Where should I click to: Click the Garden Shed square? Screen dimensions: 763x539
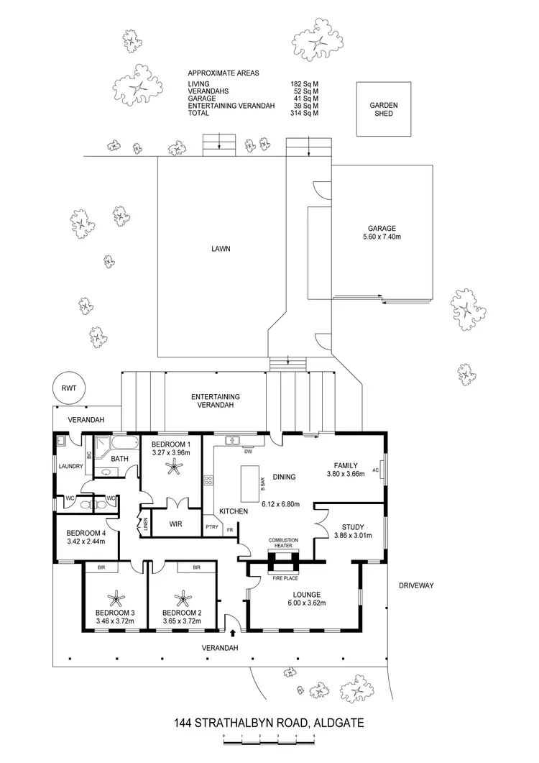pos(384,109)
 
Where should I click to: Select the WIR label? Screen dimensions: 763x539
pos(175,524)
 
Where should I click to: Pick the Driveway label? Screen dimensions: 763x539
pos(417,585)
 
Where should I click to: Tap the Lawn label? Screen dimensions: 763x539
pos(220,250)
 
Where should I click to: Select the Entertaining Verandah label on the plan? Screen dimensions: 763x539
pos(215,401)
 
